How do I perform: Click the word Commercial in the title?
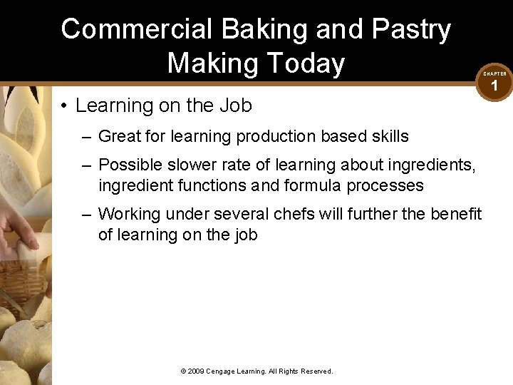(136, 30)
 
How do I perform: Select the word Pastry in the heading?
(412, 30)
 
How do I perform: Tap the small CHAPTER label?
(494, 73)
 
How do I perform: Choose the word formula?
(309, 186)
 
